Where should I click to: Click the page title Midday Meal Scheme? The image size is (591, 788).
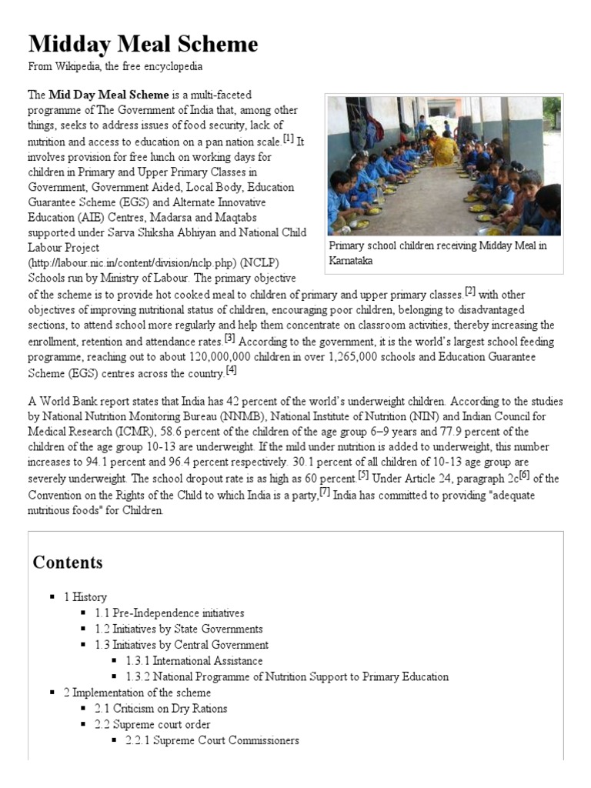pos(143,44)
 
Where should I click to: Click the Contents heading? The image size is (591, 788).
pos(68,563)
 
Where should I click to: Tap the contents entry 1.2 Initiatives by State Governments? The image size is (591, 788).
pos(179,629)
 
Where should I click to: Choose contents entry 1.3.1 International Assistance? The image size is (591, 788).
pos(194,660)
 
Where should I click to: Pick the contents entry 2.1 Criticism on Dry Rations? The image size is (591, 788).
pos(161,708)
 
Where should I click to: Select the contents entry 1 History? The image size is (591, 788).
pos(85,596)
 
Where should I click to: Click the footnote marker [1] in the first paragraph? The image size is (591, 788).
pos(289,139)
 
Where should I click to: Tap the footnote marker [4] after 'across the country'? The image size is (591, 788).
pos(231,369)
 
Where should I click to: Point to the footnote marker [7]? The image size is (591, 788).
pos(325,492)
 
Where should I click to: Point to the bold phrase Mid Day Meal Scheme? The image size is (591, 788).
pos(109,95)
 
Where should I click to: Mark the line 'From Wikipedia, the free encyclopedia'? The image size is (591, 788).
pos(115,67)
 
